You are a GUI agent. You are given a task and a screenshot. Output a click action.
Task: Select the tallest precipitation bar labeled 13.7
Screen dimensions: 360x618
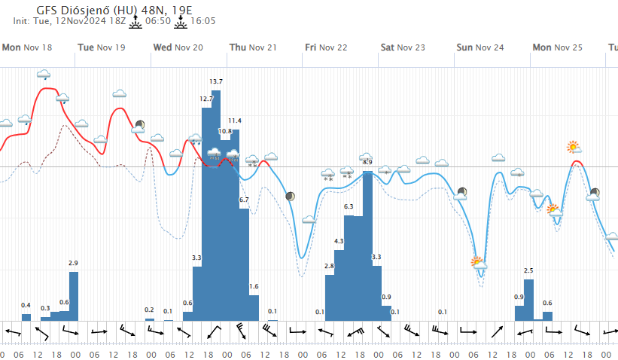pos(216,203)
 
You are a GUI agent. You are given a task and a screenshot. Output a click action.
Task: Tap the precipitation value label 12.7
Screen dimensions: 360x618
pos(206,99)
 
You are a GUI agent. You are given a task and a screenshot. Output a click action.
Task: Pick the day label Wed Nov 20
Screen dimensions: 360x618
pos(178,47)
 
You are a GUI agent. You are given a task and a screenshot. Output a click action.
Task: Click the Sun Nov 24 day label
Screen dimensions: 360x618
pos(479,47)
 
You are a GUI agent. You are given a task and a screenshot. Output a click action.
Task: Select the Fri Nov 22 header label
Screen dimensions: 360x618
pos(326,47)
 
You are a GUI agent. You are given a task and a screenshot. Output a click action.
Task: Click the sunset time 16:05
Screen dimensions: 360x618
pos(203,21)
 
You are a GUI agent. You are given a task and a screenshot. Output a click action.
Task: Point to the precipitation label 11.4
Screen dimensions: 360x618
pos(235,121)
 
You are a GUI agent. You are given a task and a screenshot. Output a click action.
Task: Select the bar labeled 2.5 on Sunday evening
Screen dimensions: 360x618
pos(528,299)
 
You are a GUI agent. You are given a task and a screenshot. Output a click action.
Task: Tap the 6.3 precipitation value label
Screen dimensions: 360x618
pos(349,206)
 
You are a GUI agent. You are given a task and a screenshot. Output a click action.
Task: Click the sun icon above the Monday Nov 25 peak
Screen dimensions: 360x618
pos(574,146)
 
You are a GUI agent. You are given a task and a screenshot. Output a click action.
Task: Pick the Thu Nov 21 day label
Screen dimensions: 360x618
pos(253,47)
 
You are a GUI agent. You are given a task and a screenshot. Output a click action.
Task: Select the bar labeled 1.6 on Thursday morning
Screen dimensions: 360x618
pos(254,307)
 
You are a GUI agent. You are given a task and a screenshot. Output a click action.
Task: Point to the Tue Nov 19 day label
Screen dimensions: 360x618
pos(102,47)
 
